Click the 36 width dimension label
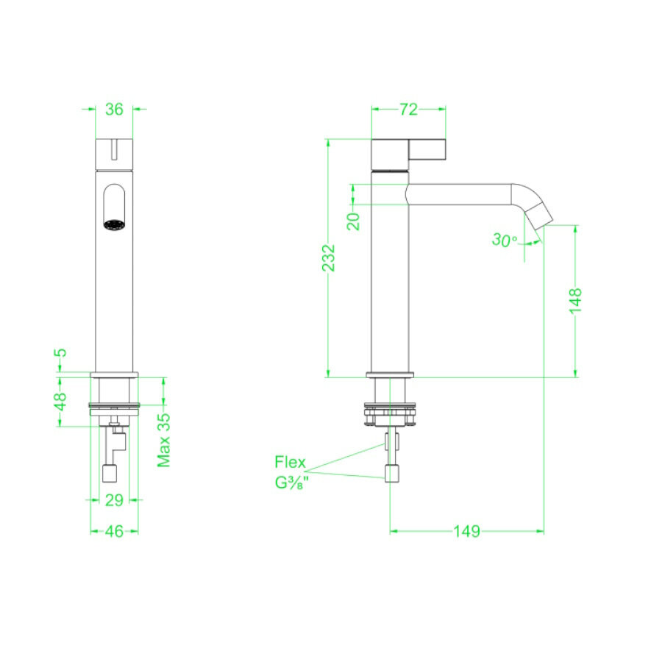coord(114,110)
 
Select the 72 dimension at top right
coord(409,110)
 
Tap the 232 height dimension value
coord(329,258)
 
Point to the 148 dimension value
coord(575,302)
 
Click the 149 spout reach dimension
coord(467,531)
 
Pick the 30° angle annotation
coord(505,240)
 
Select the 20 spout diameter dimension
coord(354,220)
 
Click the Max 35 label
coord(164,440)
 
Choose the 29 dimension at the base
coord(113,500)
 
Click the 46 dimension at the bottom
coord(113,531)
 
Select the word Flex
coord(291,463)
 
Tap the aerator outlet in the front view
coord(114,225)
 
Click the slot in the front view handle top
coord(114,150)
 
